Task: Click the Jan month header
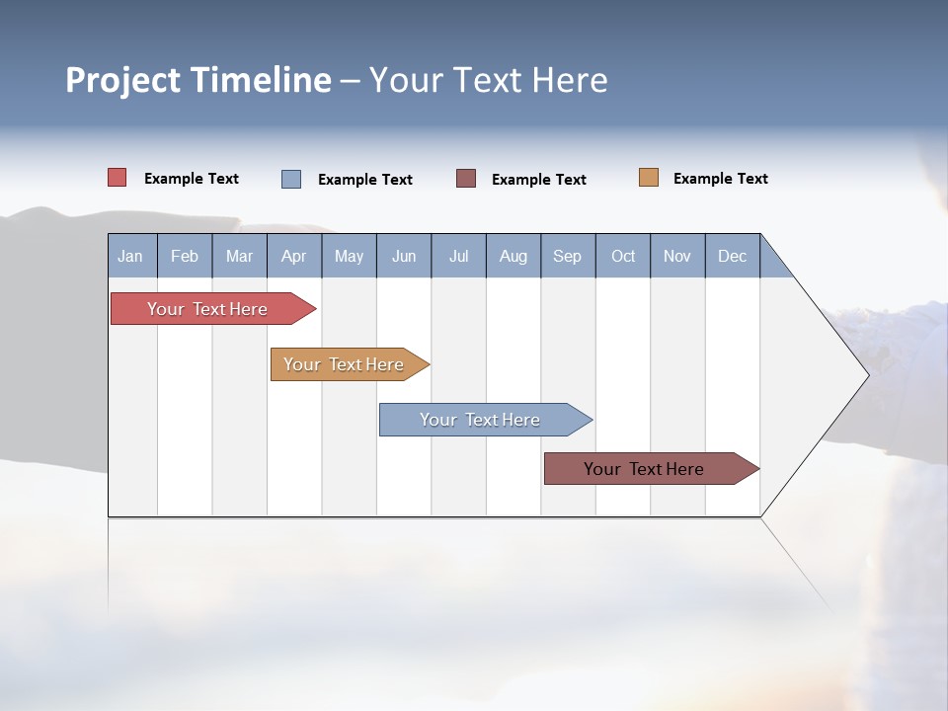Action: tap(131, 256)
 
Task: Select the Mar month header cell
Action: tap(239, 256)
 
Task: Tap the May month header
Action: tap(349, 256)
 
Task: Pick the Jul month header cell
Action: tap(458, 256)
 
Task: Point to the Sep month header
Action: tap(567, 256)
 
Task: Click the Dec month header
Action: tap(732, 256)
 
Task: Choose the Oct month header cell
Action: tap(622, 256)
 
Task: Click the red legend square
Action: tap(117, 178)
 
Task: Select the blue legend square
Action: tap(291, 179)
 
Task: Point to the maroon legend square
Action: tap(466, 179)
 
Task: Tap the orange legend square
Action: tap(648, 178)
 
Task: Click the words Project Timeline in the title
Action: tap(197, 80)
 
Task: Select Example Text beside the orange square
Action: tap(720, 179)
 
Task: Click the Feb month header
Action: tap(185, 256)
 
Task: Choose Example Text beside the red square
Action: tap(191, 179)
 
